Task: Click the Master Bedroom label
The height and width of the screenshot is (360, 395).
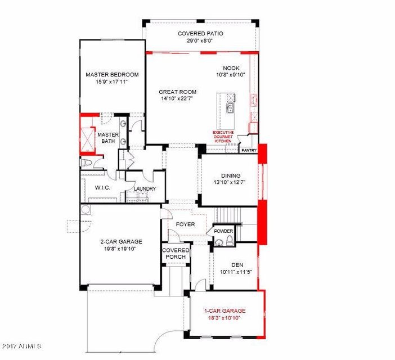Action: [112, 74]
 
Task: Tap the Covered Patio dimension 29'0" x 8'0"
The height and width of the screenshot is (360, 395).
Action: [200, 40]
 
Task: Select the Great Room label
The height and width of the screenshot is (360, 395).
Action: [177, 92]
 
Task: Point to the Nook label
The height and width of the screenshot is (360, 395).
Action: [231, 68]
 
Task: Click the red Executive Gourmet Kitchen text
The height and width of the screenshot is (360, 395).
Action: [223, 137]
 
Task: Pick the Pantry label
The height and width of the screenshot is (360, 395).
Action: [249, 150]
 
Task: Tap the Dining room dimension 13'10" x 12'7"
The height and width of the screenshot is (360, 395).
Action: [229, 182]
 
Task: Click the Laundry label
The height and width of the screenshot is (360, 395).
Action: [145, 188]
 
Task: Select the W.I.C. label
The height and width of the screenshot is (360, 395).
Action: [102, 187]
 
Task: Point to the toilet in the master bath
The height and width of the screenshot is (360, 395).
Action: [86, 163]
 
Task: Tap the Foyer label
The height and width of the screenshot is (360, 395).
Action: [185, 224]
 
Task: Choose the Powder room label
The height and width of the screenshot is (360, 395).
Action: [223, 231]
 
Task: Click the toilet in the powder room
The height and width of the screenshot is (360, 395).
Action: [230, 240]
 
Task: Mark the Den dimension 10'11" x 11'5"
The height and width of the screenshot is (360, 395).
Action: [236, 272]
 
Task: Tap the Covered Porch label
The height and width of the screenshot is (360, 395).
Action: [176, 254]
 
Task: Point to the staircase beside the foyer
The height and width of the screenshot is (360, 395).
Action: [227, 215]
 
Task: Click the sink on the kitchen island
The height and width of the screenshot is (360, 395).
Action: [230, 108]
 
